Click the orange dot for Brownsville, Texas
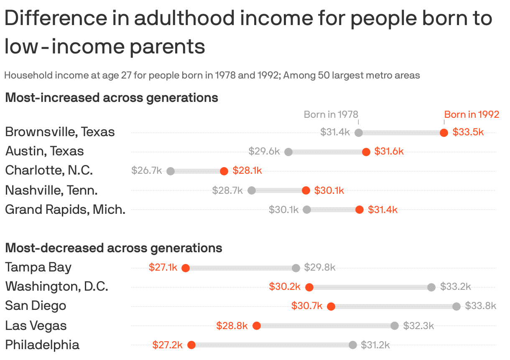coord(444,133)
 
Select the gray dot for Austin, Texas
coord(288,152)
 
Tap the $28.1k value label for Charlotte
coord(247,170)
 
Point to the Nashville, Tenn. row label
coord(51,190)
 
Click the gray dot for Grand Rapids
coord(307,210)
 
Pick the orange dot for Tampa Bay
coord(186,268)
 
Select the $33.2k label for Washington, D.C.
coord(455,286)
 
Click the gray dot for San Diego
coord(456,307)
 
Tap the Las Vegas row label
coord(36,326)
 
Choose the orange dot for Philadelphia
coord(191,345)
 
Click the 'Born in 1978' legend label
coord(331,114)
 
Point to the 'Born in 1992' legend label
coord(472,114)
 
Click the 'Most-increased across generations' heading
coord(112,98)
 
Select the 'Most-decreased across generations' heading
coord(113,248)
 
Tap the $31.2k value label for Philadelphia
coord(375,345)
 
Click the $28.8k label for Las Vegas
coord(232,326)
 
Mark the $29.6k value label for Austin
coord(264,151)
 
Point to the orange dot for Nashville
coord(306,190)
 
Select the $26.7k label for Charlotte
coord(146,170)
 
